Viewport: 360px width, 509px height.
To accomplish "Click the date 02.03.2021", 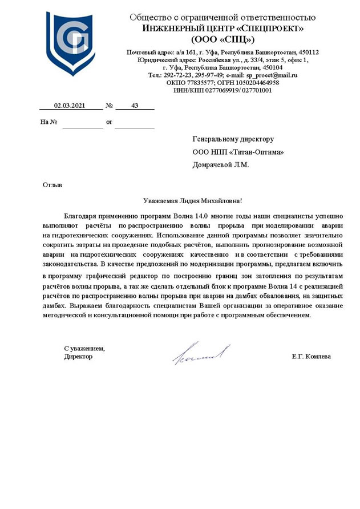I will click(x=70, y=106).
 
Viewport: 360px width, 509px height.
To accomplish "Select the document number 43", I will click(x=135, y=106).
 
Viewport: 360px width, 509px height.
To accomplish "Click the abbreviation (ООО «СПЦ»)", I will click(x=223, y=39).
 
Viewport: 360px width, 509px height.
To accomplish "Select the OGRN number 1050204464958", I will click(x=255, y=82).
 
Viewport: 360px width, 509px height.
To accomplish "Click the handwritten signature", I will click(x=201, y=354).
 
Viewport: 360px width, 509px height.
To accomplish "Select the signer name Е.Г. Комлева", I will click(x=311, y=357).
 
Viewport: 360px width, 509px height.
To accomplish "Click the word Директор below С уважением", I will click(x=78, y=357).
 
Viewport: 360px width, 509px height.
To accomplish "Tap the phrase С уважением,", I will click(x=84, y=348).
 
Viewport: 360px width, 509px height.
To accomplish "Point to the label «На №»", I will click(x=49, y=122).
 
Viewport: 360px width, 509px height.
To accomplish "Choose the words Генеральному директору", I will click(x=234, y=139).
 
